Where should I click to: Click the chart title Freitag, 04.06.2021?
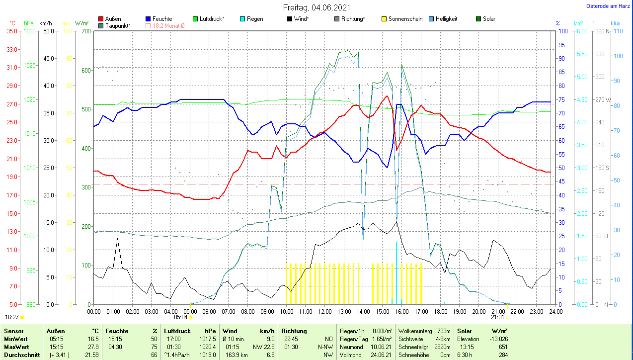(316, 7)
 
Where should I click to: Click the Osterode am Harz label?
(608, 6)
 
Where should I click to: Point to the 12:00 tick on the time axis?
(325, 311)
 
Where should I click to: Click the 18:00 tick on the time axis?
(440, 311)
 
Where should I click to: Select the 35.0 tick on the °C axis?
(12, 31)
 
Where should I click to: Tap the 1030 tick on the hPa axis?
(30, 31)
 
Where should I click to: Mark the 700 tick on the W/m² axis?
(86, 31)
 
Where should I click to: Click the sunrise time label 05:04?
(180, 317)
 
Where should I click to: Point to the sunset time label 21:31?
(497, 317)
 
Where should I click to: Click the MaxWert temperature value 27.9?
(93, 346)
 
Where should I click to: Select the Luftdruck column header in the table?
(177, 331)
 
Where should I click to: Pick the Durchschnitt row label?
(20, 355)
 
